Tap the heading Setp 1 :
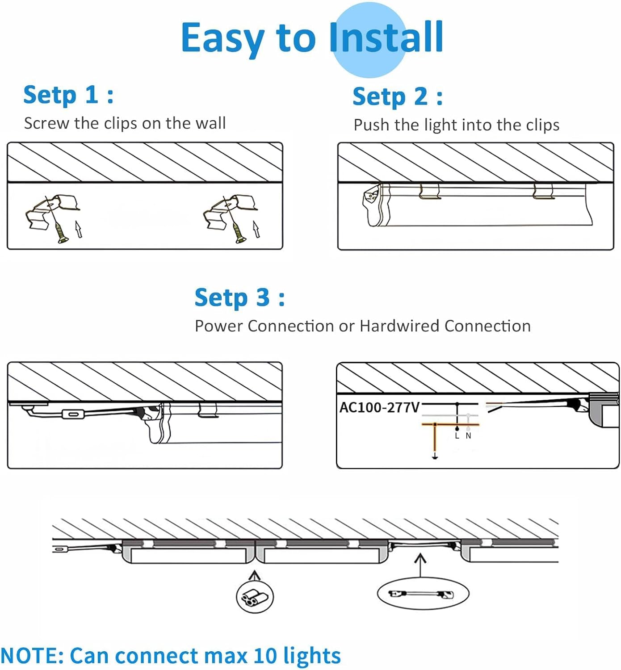68,95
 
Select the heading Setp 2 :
398,97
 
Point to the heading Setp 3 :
239,298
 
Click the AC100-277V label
379,408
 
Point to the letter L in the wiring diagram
457,436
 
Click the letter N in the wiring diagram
468,436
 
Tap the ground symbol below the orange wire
435,456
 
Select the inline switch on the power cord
72,414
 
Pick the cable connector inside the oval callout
422,594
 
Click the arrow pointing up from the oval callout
420,565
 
